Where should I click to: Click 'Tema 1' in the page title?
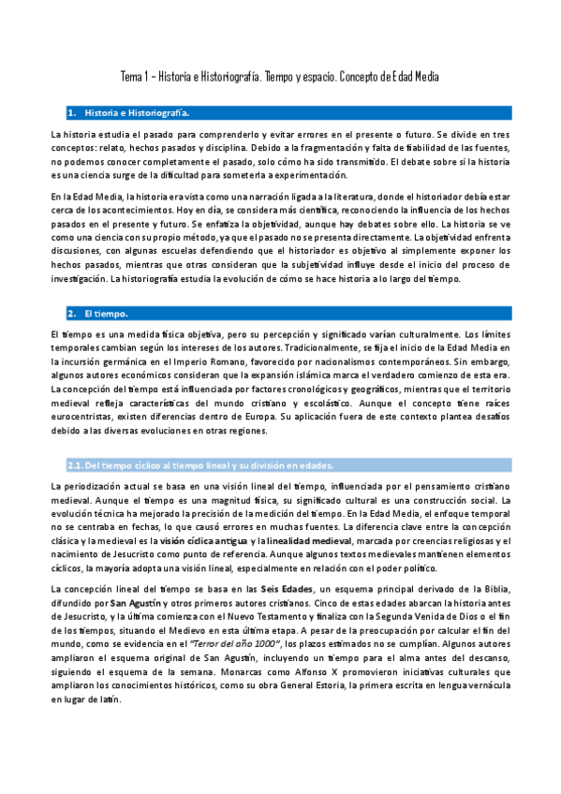pyautogui.click(x=134, y=76)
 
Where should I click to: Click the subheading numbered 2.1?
pyautogui.click(x=197, y=465)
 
